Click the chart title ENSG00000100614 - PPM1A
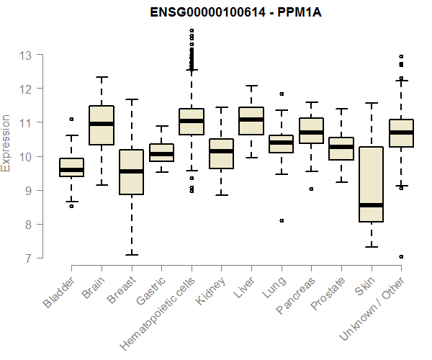point(230,12)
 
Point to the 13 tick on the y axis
point(27,55)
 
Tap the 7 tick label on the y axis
point(27,258)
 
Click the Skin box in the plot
point(371,180)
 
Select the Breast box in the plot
point(131,173)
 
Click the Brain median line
point(101,124)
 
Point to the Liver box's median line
point(251,120)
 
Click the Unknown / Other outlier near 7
point(401,256)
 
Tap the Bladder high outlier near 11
point(71,119)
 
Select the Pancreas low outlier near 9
point(311,189)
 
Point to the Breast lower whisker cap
point(131,254)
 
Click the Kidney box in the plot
point(221,153)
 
